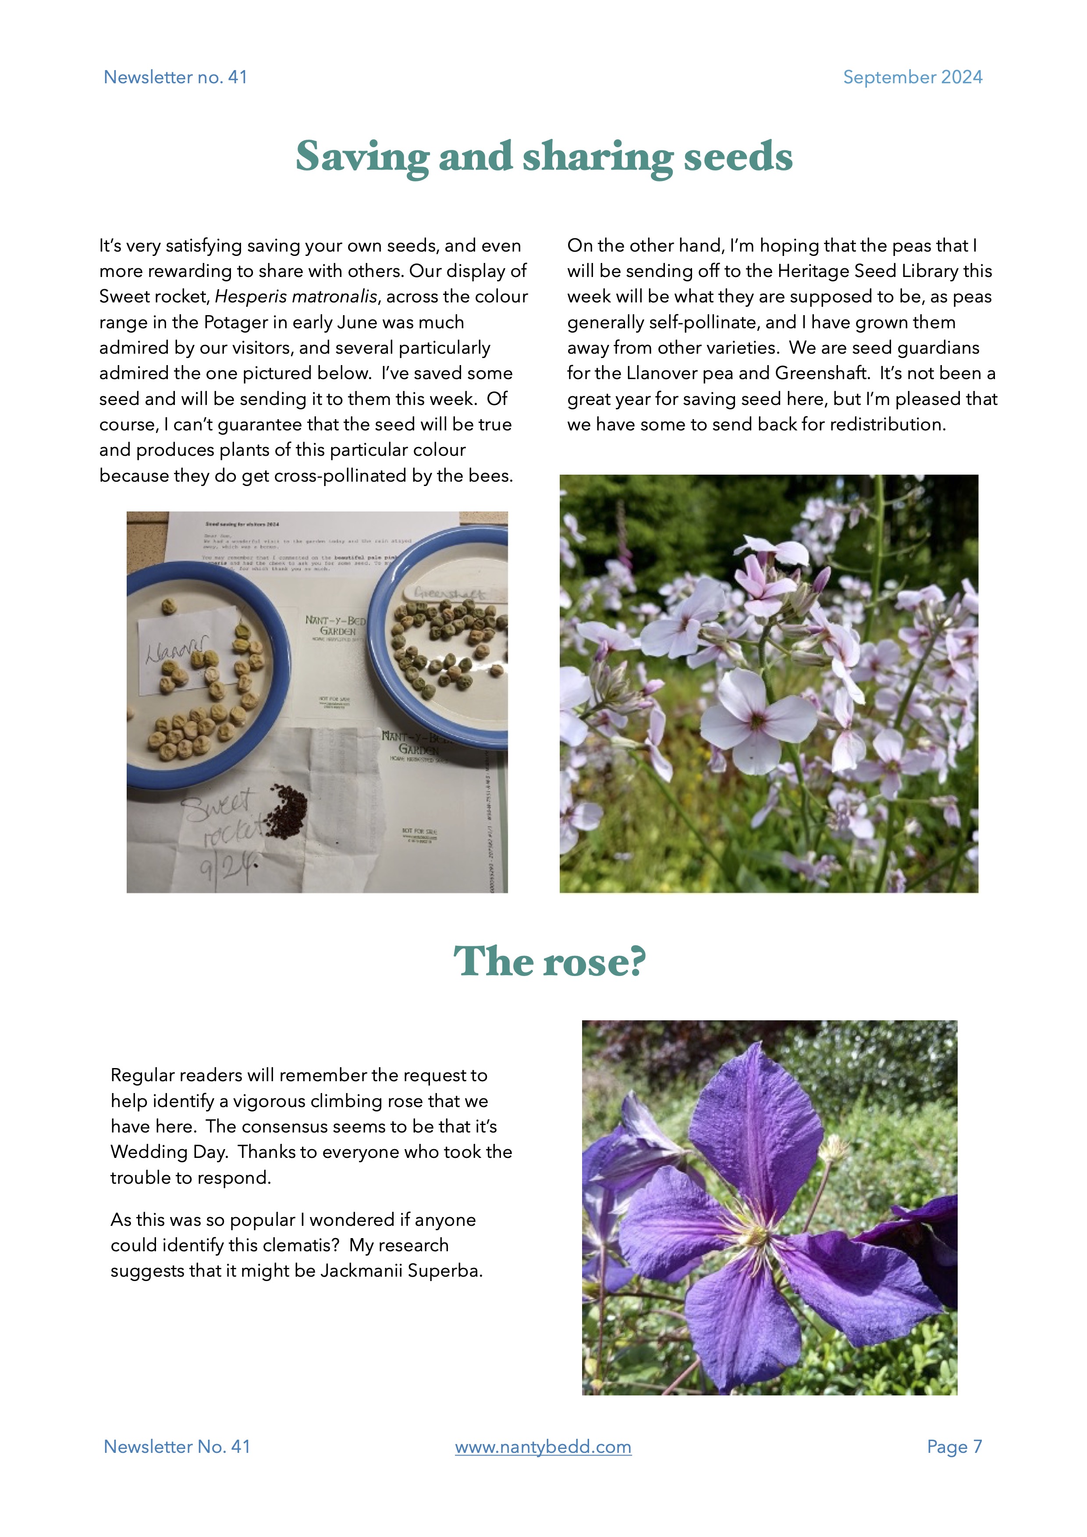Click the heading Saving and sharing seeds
(543, 157)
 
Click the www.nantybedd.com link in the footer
(543, 1447)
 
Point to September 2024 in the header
(912, 78)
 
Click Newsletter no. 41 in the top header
(175, 78)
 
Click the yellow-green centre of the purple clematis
(757, 1232)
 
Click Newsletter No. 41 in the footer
(177, 1447)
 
